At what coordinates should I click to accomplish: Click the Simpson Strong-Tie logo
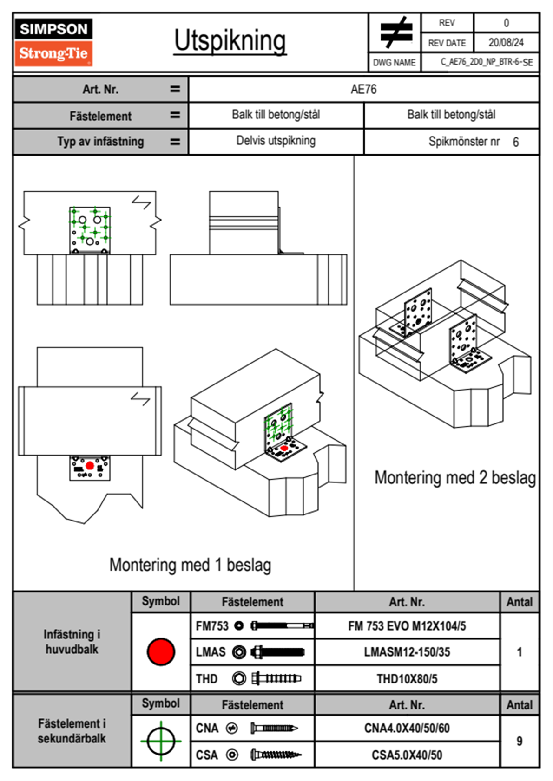pyautogui.click(x=53, y=42)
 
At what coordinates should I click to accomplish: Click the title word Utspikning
pyautogui.click(x=230, y=41)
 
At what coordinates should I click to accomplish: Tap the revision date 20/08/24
pyautogui.click(x=506, y=43)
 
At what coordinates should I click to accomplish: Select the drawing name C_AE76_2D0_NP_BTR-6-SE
pyautogui.click(x=486, y=62)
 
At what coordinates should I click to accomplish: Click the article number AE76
pyautogui.click(x=363, y=89)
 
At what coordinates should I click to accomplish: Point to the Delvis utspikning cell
pyautogui.click(x=276, y=141)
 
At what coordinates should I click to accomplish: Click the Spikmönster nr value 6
pyautogui.click(x=516, y=142)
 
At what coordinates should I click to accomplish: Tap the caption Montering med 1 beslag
pyautogui.click(x=190, y=565)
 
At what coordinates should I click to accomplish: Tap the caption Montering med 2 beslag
pyautogui.click(x=455, y=478)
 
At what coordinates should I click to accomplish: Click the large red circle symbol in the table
pyautogui.click(x=161, y=651)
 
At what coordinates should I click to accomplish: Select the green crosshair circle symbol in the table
pyautogui.click(x=161, y=741)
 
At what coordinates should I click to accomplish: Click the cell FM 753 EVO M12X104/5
pyautogui.click(x=407, y=626)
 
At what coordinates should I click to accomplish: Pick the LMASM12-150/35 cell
pyautogui.click(x=407, y=652)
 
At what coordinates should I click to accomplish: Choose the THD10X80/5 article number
pyautogui.click(x=407, y=679)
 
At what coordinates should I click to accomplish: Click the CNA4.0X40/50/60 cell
pyautogui.click(x=407, y=728)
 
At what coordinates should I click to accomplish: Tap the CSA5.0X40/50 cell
pyautogui.click(x=407, y=755)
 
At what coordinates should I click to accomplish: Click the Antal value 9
pyautogui.click(x=520, y=741)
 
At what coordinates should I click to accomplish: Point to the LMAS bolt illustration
pyautogui.click(x=277, y=652)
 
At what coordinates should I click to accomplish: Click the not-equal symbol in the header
pyautogui.click(x=395, y=33)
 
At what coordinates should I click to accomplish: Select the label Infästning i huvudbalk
pyautogui.click(x=72, y=642)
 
